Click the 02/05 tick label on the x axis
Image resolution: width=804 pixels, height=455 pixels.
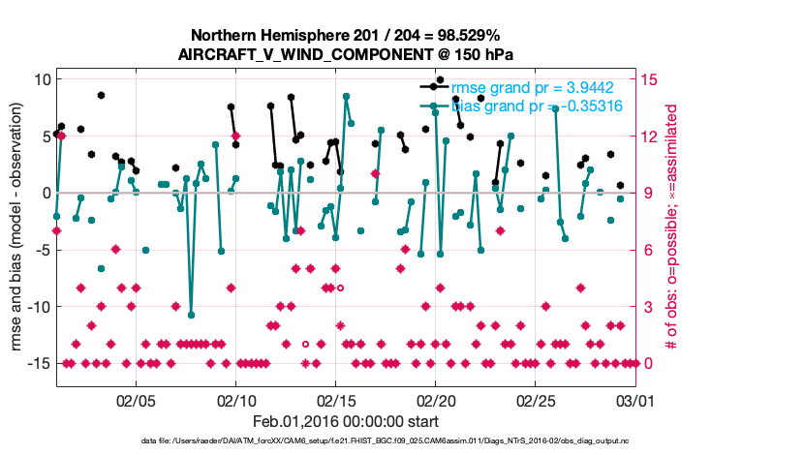click(x=136, y=400)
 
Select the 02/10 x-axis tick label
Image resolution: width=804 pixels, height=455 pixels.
click(x=235, y=400)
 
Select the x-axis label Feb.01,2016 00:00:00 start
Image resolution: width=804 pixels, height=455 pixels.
click(x=346, y=421)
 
